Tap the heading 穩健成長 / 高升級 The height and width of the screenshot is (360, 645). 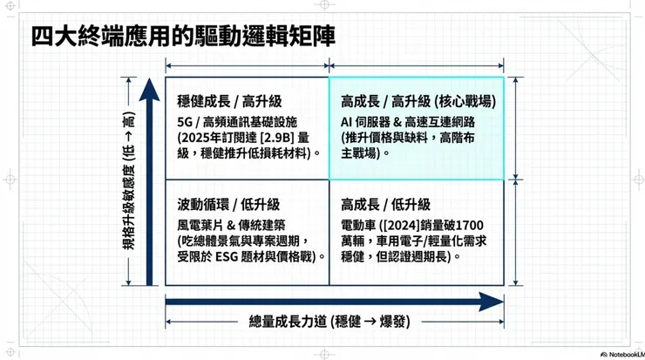(x=228, y=102)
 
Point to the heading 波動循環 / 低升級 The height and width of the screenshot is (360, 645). (x=228, y=205)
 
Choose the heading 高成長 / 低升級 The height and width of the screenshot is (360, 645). (x=385, y=205)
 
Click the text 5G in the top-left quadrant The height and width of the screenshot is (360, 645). (x=185, y=120)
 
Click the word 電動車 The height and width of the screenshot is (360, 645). (x=357, y=224)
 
